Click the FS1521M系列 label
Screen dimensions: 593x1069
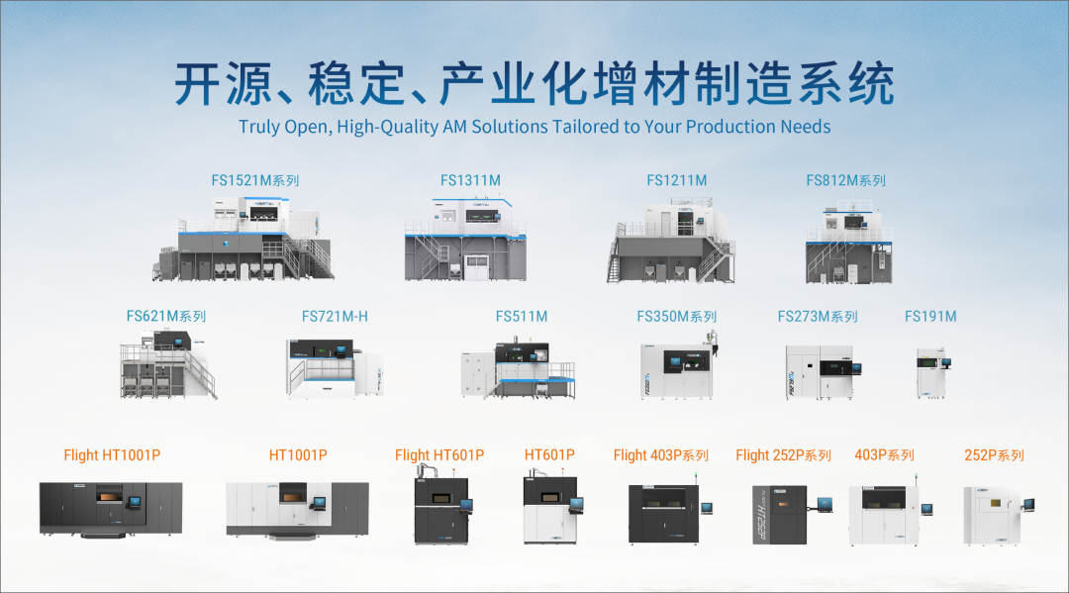click(254, 181)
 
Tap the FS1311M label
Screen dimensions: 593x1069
click(470, 180)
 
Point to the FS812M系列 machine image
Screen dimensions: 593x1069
click(848, 243)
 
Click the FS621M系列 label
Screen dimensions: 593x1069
click(165, 317)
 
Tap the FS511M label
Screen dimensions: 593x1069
click(522, 317)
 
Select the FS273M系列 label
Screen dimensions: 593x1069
click(818, 317)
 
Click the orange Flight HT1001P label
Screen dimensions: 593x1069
click(112, 455)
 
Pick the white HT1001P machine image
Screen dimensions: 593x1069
click(297, 508)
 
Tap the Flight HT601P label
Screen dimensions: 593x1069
click(439, 455)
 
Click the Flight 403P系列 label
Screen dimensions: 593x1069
click(660, 455)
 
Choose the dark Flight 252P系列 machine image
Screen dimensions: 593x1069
click(783, 514)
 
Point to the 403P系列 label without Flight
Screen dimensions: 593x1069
click(885, 455)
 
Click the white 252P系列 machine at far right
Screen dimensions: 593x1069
click(994, 513)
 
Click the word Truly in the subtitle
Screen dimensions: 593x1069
click(259, 127)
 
